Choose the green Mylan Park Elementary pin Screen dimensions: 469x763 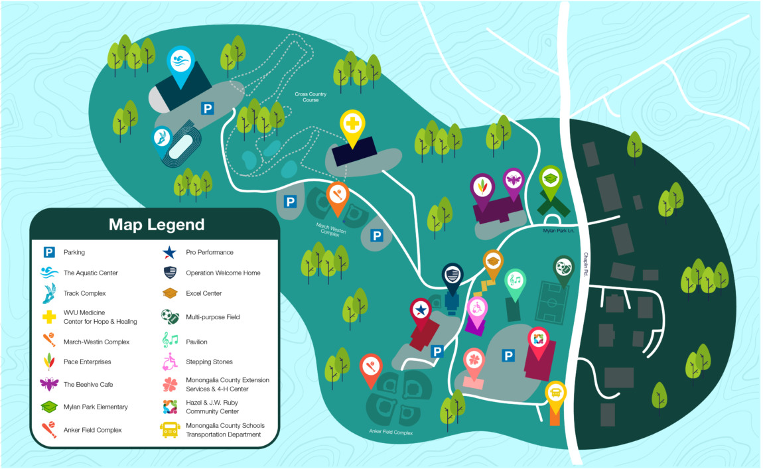point(550,178)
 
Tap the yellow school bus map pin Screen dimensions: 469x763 point(556,393)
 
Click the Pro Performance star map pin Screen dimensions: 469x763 point(421,310)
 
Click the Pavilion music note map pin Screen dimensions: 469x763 point(516,281)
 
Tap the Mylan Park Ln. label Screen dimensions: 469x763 point(557,230)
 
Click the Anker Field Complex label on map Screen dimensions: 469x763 point(391,432)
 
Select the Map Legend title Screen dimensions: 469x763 point(157,224)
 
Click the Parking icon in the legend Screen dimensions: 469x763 point(49,252)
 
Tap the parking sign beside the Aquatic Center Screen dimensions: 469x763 point(208,108)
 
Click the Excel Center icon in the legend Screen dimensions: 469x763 point(171,293)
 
